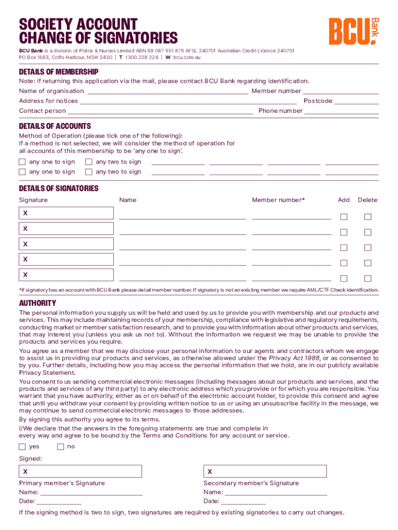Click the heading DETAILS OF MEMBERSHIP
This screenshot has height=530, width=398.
pos(58,71)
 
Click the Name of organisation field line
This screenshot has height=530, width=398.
pos(167,92)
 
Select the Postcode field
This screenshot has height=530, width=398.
pos(356,101)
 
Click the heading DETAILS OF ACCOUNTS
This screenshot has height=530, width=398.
pos(55,126)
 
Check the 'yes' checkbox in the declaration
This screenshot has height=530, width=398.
pos(22,447)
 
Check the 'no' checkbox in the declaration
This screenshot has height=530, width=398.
pos(60,447)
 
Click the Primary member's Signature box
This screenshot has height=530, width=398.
pos(80,471)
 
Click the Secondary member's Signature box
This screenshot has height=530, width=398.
pos(265,471)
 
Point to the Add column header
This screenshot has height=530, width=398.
pos(344,200)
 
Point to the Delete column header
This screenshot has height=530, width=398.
pos(368,200)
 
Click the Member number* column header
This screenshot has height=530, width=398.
pos(278,200)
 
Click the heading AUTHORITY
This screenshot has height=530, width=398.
pos(38,303)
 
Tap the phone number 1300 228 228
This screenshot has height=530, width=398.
pos(141,57)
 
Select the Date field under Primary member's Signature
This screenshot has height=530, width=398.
pos(59,502)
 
